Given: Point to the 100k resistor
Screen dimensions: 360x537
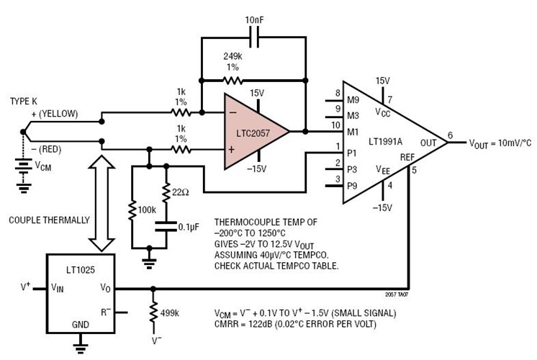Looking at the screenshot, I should point(132,210).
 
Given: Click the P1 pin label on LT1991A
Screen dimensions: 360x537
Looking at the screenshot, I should point(353,153).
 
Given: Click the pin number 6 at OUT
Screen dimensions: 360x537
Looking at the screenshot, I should point(450,135).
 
